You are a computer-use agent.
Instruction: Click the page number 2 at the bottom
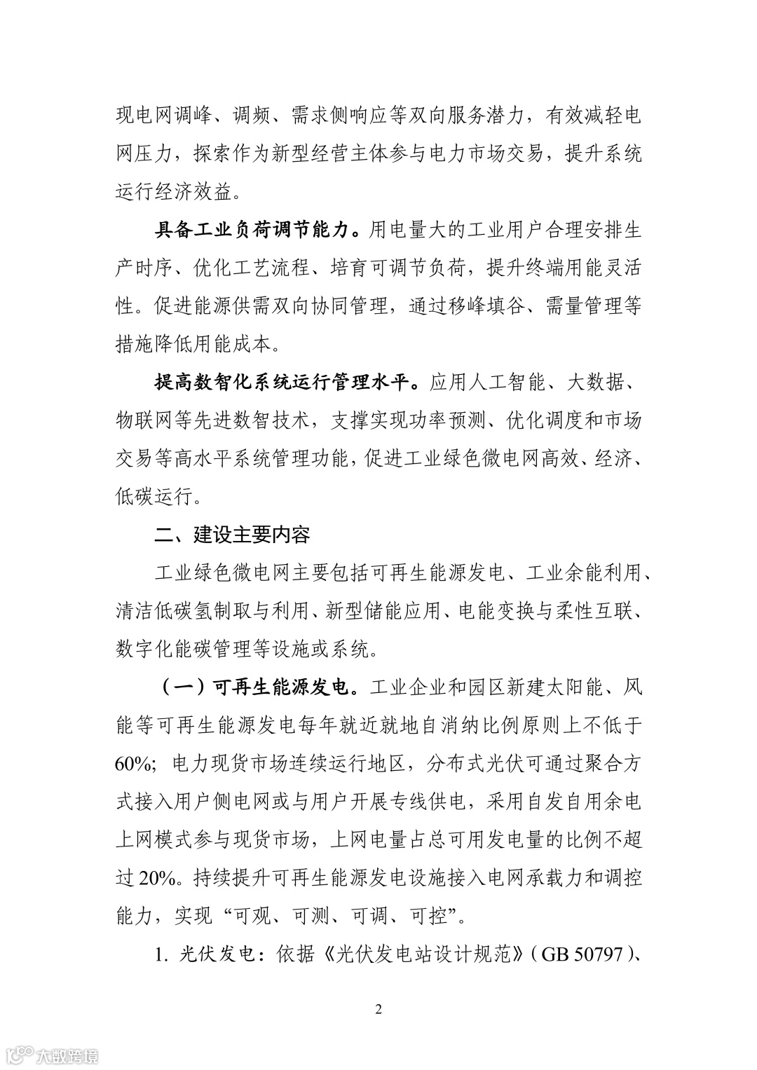(378, 1010)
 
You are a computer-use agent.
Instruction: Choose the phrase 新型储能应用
(380, 612)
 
